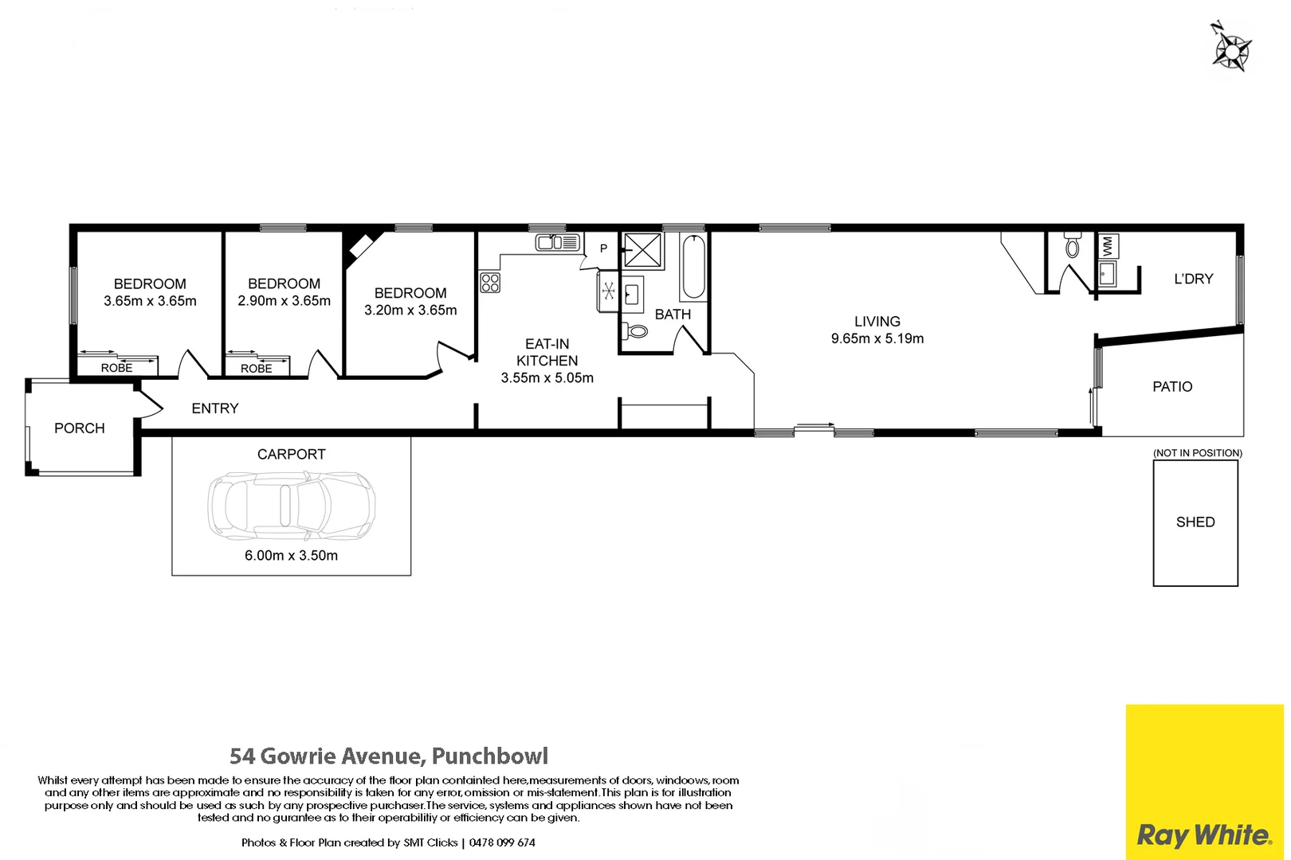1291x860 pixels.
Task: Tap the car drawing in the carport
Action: (x=292, y=504)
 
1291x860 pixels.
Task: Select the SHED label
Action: (x=1195, y=522)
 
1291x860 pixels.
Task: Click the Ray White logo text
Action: (x=1204, y=835)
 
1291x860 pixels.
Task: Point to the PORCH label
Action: (x=80, y=428)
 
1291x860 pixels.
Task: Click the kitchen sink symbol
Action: (x=557, y=242)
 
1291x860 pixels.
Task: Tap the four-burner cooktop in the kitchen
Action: (x=490, y=283)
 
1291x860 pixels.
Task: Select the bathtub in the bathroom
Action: (x=693, y=267)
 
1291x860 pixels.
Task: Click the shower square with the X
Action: (x=642, y=250)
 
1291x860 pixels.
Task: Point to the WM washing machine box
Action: (x=1108, y=246)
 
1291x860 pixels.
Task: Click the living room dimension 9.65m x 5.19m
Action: (x=877, y=338)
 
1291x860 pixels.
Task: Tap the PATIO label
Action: (x=1172, y=387)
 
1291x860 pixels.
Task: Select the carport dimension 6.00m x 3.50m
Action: (x=291, y=556)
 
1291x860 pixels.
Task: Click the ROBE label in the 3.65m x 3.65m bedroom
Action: (x=117, y=368)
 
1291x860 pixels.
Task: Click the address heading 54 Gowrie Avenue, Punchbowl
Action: (x=389, y=756)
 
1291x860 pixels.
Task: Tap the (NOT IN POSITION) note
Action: (x=1197, y=453)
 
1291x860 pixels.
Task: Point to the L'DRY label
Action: (x=1193, y=279)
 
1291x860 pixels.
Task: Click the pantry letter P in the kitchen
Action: (x=603, y=248)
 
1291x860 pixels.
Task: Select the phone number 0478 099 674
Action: (x=502, y=842)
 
